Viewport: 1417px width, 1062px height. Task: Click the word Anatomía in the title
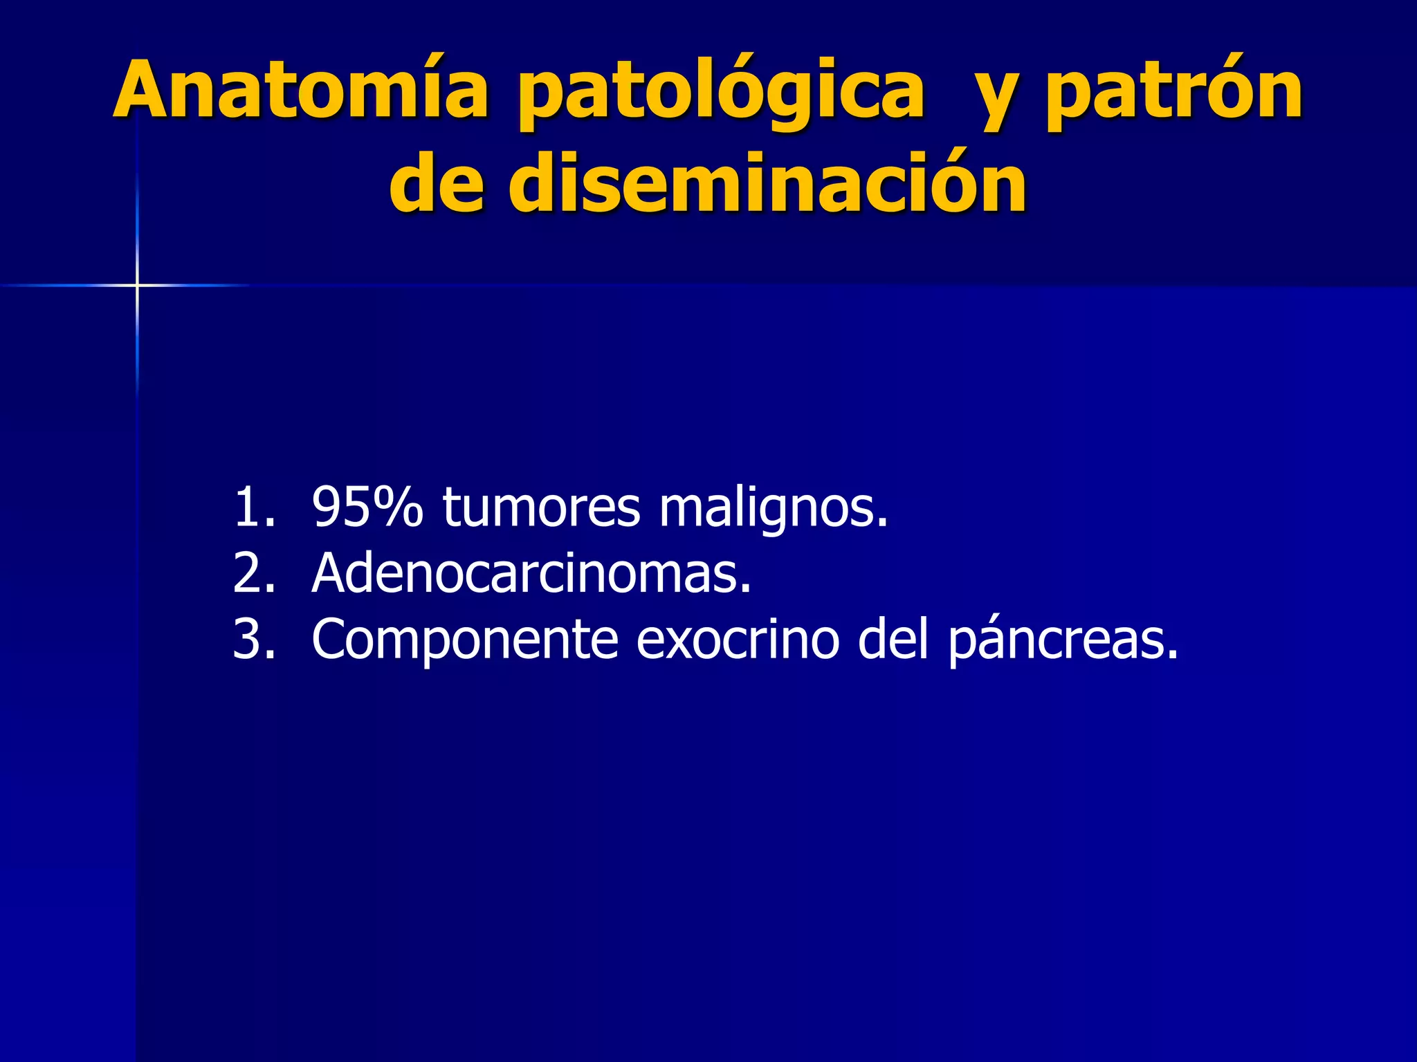click(301, 90)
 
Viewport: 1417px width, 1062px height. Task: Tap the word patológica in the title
click(720, 93)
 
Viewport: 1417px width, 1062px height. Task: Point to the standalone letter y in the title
click(994, 100)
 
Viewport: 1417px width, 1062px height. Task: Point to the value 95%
click(367, 508)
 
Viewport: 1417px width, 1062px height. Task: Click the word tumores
click(541, 508)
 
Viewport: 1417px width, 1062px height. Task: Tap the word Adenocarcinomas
click(531, 574)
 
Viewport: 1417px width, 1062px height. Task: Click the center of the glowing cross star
click(137, 285)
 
